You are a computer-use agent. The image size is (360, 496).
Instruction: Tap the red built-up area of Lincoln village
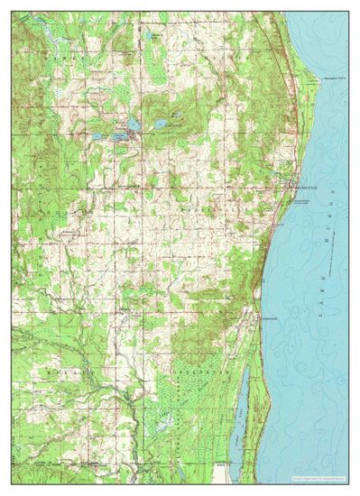132,135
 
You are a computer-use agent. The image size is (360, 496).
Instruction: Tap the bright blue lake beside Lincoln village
134,124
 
